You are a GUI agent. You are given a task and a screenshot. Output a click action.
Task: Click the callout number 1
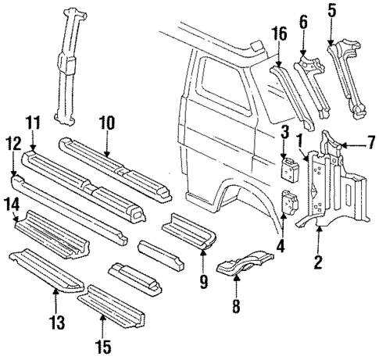click(x=300, y=141)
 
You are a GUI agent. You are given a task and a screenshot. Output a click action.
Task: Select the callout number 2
click(x=318, y=262)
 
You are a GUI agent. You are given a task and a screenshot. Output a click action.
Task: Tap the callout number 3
click(x=285, y=130)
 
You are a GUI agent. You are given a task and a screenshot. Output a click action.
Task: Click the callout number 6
click(x=301, y=24)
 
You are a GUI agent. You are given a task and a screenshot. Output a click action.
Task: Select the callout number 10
click(x=108, y=122)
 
